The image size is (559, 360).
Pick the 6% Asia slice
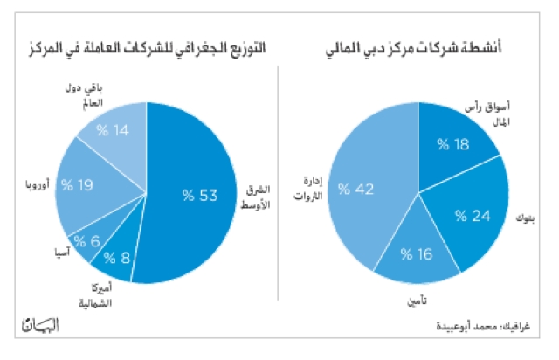93,239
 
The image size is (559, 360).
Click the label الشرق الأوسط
255,197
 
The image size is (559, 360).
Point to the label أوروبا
38,184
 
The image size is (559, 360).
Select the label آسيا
62,253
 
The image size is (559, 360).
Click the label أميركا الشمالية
95,295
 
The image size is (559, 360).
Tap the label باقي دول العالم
84,95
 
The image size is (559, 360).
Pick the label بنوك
525,218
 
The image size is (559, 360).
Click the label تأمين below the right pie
417,301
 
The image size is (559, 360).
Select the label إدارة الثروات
308,188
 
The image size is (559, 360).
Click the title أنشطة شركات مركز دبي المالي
413,47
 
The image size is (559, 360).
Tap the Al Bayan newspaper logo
41,324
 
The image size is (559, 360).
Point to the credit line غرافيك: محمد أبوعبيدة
483,326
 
